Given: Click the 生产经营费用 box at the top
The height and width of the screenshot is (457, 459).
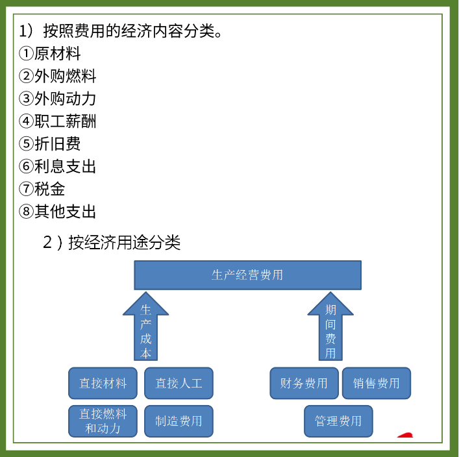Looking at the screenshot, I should (247, 275).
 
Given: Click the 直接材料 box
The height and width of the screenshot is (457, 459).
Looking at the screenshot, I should (103, 383).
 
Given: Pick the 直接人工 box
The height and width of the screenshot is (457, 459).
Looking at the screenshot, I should (179, 383).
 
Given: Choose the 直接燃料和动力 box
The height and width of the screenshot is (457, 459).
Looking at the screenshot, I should (103, 421).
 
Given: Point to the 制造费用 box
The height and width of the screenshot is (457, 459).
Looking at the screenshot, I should (179, 421).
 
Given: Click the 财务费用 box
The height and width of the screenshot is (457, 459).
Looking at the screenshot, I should (304, 383).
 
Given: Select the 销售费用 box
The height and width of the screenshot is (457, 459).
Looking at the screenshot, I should (377, 383).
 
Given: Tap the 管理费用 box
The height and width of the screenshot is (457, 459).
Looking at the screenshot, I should (338, 421).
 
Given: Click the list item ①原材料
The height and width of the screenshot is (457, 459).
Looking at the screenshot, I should (51, 54).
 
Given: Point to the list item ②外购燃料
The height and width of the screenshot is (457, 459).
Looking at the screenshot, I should (58, 77).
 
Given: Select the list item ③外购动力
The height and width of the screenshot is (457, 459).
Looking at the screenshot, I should (58, 99).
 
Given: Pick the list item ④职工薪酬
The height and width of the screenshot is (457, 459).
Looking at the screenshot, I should (58, 121).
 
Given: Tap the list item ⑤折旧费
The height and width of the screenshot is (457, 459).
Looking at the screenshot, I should (51, 144).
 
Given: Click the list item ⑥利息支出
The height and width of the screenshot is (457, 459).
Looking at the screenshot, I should (58, 167).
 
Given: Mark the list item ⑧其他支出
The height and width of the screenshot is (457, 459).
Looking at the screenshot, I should (58, 212).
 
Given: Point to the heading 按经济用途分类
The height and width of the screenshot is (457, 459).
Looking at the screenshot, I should (112, 243).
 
